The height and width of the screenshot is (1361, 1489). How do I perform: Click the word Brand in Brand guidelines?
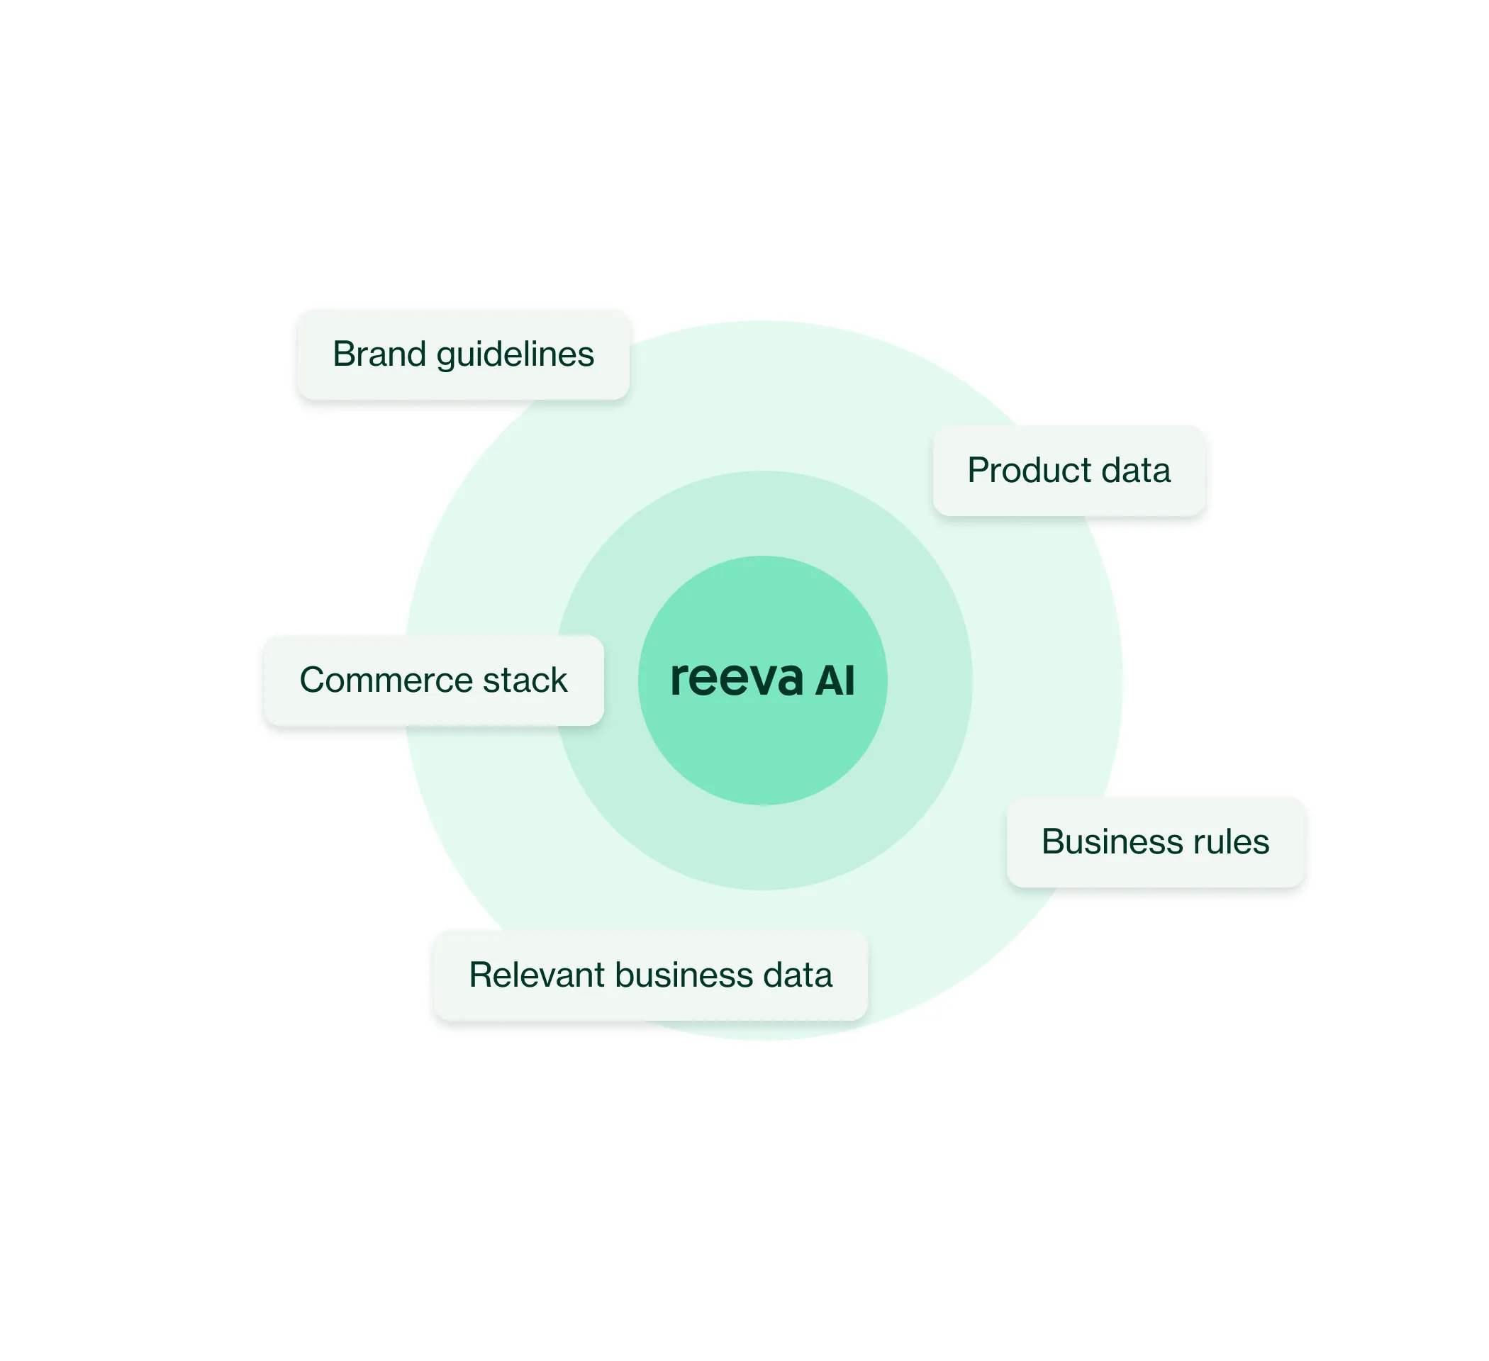[379, 354]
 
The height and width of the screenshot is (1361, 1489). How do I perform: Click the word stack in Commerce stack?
[525, 680]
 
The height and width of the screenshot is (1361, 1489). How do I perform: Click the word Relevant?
[536, 975]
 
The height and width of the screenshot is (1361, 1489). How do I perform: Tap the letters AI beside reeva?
[835, 681]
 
